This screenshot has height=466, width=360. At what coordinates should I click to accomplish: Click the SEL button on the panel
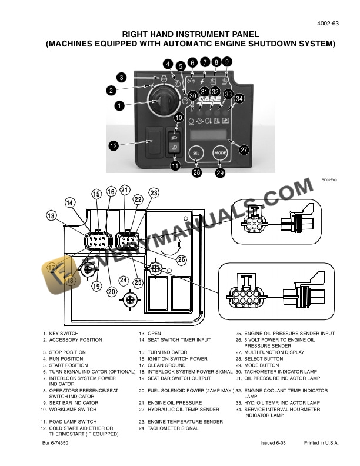click(196, 153)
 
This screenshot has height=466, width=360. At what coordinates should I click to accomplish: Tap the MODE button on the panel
click(221, 153)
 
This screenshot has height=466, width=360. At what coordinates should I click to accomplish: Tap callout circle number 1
click(119, 106)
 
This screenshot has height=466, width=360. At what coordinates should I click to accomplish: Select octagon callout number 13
click(52, 216)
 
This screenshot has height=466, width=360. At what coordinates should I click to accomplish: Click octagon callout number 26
click(181, 259)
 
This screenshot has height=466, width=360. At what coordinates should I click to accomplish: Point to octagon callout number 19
click(96, 286)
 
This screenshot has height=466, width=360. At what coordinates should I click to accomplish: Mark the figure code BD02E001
click(329, 181)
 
